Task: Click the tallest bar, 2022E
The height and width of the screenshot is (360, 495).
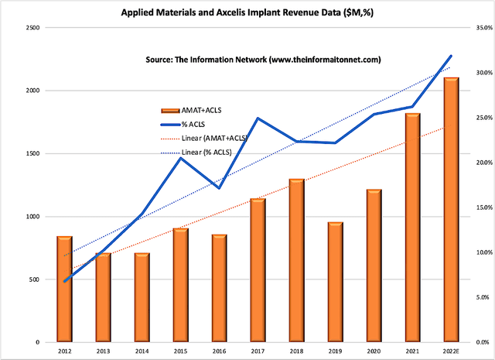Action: point(449,210)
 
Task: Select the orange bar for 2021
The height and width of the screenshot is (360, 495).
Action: point(411,228)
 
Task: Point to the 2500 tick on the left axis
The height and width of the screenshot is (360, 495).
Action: point(32,28)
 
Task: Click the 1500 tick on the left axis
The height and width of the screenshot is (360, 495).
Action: point(32,153)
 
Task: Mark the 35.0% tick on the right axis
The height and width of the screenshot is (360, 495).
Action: point(483,28)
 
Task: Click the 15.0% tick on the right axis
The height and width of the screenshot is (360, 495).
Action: point(483,207)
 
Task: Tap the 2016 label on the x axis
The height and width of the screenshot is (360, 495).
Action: point(218,351)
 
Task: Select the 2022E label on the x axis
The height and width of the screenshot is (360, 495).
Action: point(449,351)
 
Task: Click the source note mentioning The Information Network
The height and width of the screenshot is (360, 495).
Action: point(263,60)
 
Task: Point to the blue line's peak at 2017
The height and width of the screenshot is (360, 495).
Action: point(257,118)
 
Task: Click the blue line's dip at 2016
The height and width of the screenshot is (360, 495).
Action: point(218,188)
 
